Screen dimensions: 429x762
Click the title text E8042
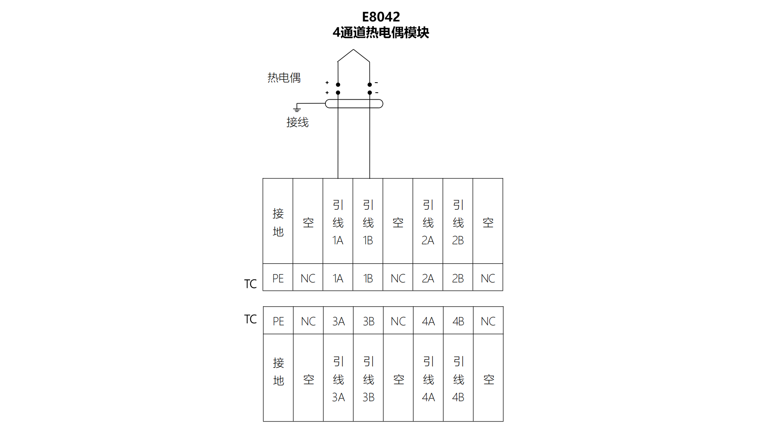click(x=381, y=17)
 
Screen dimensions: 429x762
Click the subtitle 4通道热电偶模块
click(x=381, y=33)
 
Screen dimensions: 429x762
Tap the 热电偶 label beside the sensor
click(x=284, y=77)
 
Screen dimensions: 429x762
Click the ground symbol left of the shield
click(x=297, y=108)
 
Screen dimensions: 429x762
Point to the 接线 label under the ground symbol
click(x=297, y=122)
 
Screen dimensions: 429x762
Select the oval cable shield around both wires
click(x=354, y=104)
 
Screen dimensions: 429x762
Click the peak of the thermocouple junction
click(x=353, y=50)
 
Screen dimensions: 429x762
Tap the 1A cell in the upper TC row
click(x=338, y=278)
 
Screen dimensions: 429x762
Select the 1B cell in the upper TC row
click(x=368, y=278)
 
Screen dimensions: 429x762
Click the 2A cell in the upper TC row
click(x=428, y=278)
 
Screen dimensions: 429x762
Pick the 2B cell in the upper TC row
click(x=458, y=278)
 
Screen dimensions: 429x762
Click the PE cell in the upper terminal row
click(x=278, y=278)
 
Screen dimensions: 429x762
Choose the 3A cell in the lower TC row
click(x=338, y=321)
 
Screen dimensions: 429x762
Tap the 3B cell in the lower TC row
click(x=368, y=321)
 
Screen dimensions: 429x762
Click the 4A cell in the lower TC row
click(x=428, y=321)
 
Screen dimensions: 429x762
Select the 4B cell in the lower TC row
click(x=458, y=321)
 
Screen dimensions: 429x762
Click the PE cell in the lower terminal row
click(x=278, y=321)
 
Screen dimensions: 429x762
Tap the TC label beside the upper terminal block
click(x=250, y=284)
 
